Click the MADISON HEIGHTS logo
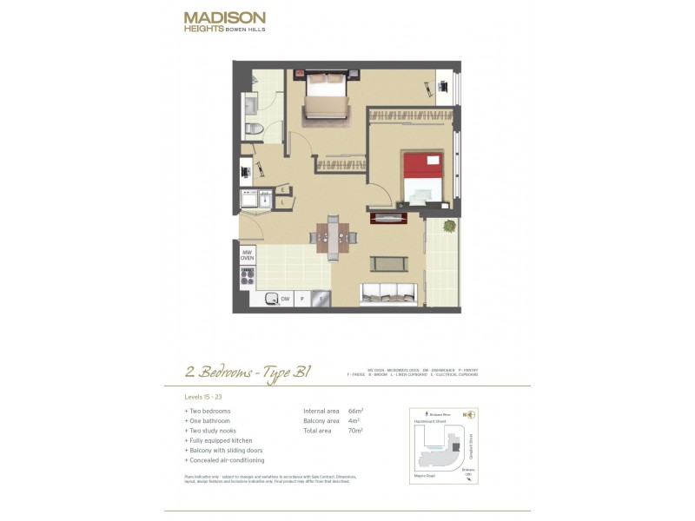[x=224, y=21]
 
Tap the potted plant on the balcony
[x=448, y=226]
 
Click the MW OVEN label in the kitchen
[x=248, y=255]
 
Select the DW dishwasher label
[x=284, y=299]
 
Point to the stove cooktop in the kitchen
[x=248, y=277]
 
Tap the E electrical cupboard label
[x=283, y=189]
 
